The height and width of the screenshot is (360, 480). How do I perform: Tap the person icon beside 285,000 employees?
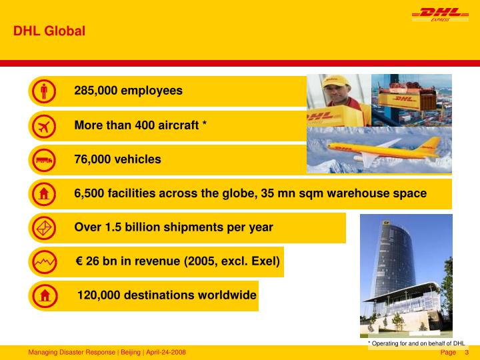pyautogui.click(x=43, y=91)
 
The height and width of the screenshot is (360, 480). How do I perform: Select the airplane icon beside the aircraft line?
pyautogui.click(x=43, y=125)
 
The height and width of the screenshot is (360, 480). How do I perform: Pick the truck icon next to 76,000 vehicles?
pyautogui.click(x=43, y=160)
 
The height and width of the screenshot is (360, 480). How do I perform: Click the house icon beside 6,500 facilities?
pyautogui.click(x=43, y=194)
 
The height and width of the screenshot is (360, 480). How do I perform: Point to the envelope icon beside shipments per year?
pyautogui.click(x=43, y=228)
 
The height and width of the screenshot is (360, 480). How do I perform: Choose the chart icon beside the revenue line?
pyautogui.click(x=43, y=262)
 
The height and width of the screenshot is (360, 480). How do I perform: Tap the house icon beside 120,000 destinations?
pyautogui.click(x=43, y=295)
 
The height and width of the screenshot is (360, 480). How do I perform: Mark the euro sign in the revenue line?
pyautogui.click(x=79, y=261)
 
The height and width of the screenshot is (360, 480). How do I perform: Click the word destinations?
pyautogui.click(x=164, y=295)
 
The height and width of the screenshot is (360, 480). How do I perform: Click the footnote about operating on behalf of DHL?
pyautogui.click(x=416, y=343)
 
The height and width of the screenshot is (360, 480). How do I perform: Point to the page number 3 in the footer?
pyautogui.click(x=467, y=352)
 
